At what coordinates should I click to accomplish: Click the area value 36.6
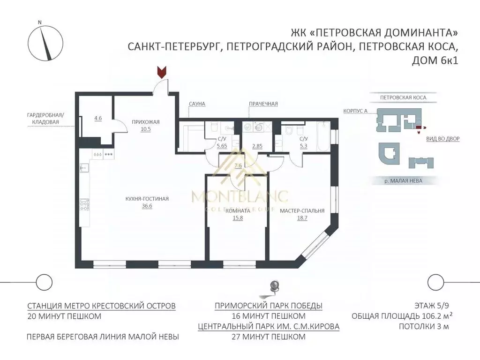(x=146, y=206)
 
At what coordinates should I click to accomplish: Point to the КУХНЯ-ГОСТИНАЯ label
(x=146, y=199)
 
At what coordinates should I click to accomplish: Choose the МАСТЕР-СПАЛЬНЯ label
(x=302, y=211)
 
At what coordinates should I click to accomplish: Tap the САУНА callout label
(x=198, y=104)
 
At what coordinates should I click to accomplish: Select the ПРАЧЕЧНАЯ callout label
(x=263, y=104)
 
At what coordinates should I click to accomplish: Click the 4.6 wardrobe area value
(x=98, y=119)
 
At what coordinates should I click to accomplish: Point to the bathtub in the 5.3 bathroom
(x=323, y=136)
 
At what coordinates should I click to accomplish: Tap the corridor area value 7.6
(x=238, y=165)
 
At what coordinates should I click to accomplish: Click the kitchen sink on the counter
(x=84, y=167)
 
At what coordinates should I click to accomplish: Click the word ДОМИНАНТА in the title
(x=413, y=33)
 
